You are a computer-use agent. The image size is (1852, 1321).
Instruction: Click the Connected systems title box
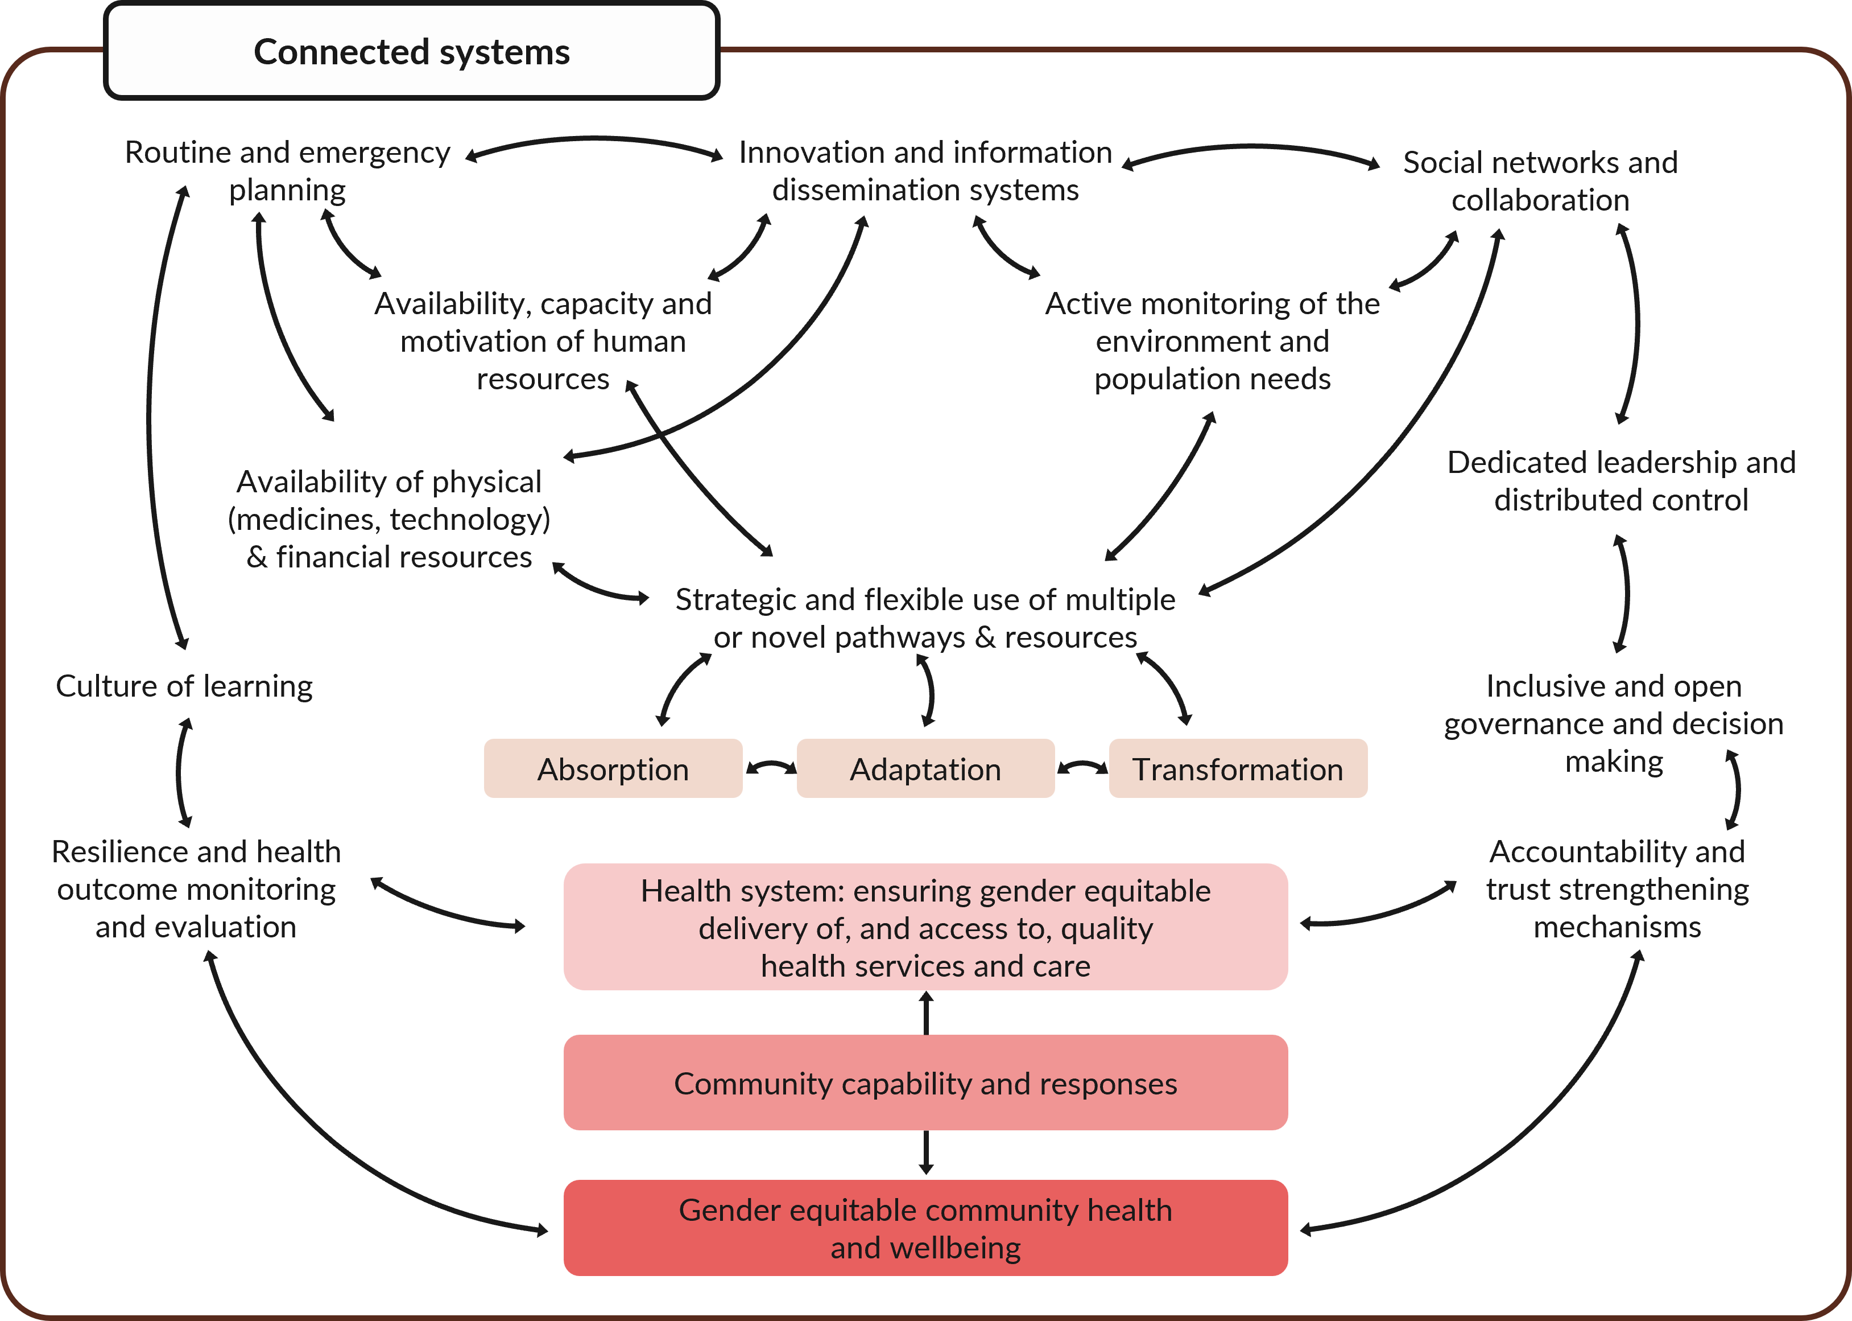click(x=411, y=51)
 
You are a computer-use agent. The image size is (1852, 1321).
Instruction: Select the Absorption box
click(x=613, y=769)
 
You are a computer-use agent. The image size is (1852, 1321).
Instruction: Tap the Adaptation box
click(x=925, y=769)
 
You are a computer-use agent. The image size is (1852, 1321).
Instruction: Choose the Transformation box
click(x=1237, y=769)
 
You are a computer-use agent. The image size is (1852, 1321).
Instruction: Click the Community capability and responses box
click(x=925, y=1083)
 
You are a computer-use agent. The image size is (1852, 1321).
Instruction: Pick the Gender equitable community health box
click(x=925, y=1228)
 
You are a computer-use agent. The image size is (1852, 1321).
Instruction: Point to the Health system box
click(x=925, y=927)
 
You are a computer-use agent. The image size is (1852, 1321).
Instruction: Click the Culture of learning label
click(x=184, y=686)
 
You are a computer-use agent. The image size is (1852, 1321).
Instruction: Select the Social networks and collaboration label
click(x=1540, y=180)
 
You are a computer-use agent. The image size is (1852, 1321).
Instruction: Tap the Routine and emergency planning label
click(x=287, y=171)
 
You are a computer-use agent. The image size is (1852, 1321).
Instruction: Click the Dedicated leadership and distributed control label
click(x=1621, y=481)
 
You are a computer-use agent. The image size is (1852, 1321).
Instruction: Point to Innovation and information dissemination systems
click(x=925, y=171)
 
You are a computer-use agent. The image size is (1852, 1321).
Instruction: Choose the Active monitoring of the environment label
click(x=1212, y=341)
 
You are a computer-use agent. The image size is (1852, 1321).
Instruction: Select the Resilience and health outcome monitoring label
click(x=196, y=889)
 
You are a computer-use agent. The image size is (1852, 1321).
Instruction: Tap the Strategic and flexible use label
click(x=925, y=618)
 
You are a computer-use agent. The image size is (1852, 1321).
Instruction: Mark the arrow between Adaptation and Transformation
click(x=1082, y=767)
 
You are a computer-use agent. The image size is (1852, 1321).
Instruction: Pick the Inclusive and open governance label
click(x=1614, y=723)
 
